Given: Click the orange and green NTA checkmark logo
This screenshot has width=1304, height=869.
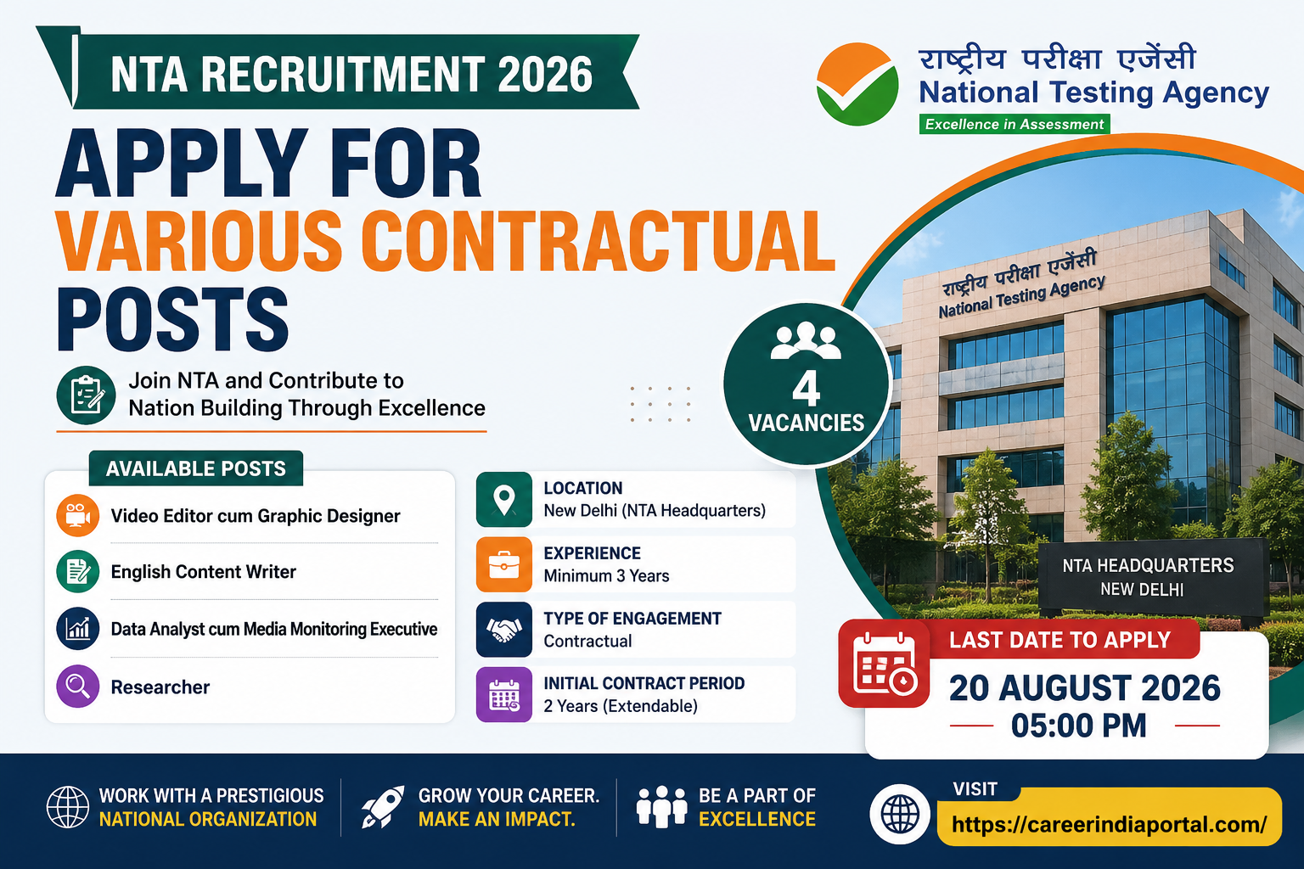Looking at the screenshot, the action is point(857,84).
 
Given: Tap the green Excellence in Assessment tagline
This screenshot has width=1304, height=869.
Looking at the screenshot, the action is point(1015,124).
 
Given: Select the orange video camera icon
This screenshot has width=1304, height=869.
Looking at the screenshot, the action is point(77,515).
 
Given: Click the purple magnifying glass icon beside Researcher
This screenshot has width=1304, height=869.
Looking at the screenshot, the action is point(77,687).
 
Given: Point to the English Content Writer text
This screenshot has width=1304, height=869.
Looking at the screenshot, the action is point(203,572).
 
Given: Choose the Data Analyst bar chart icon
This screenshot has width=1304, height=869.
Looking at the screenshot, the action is point(77,629).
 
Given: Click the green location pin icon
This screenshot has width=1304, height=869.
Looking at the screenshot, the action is point(504,499).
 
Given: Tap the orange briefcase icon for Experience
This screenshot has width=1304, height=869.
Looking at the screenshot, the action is point(504,564).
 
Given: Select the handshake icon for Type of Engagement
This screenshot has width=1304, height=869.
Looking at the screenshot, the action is point(504,629).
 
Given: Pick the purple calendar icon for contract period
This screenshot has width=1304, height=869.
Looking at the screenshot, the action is point(504,694).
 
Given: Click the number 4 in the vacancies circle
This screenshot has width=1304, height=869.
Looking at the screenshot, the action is point(807,388).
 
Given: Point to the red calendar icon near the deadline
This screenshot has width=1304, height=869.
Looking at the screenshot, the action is point(884,664).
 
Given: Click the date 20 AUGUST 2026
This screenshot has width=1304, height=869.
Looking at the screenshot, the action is point(1084,688).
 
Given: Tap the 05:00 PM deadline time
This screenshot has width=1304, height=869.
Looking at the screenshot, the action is point(1079,726).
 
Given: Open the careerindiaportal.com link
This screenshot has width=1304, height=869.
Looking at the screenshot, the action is point(1110,824).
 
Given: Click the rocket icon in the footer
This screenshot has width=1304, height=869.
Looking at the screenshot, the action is point(383,807).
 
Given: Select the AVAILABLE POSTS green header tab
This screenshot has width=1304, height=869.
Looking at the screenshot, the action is point(195,468).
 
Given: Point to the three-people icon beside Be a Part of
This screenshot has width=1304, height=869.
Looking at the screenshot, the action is point(662,807).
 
